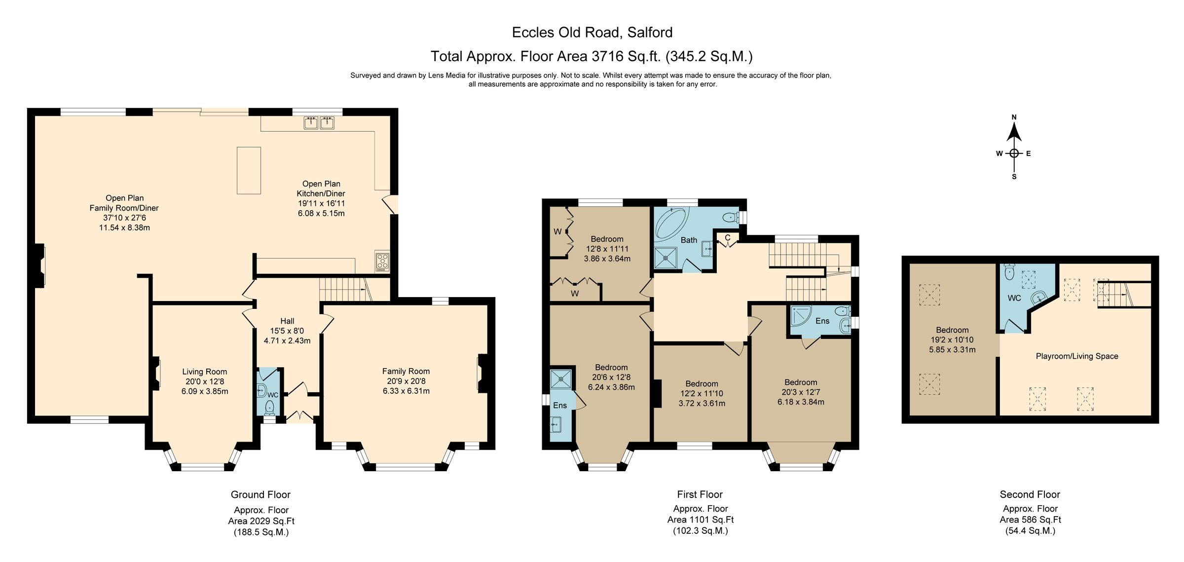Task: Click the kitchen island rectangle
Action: [x=249, y=170]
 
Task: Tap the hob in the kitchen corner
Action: [x=382, y=262]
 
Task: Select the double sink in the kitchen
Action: [x=319, y=123]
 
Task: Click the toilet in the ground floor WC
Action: [x=269, y=407]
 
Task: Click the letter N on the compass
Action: [x=1014, y=117]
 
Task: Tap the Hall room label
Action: [x=287, y=321]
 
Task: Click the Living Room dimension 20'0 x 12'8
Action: [x=205, y=381]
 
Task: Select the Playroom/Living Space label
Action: [x=1077, y=356]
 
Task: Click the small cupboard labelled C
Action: [x=727, y=238]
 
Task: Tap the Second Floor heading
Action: [x=1030, y=494]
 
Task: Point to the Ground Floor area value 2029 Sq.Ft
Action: [x=261, y=521]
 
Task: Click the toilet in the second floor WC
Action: [x=1009, y=272]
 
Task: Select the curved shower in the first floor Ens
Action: [x=800, y=316]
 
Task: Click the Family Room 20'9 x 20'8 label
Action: [x=406, y=381]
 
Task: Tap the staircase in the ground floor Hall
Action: [x=345, y=289]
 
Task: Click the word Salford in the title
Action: [x=650, y=33]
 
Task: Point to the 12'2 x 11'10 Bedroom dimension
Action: [x=702, y=394]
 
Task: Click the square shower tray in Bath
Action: [x=665, y=258]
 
